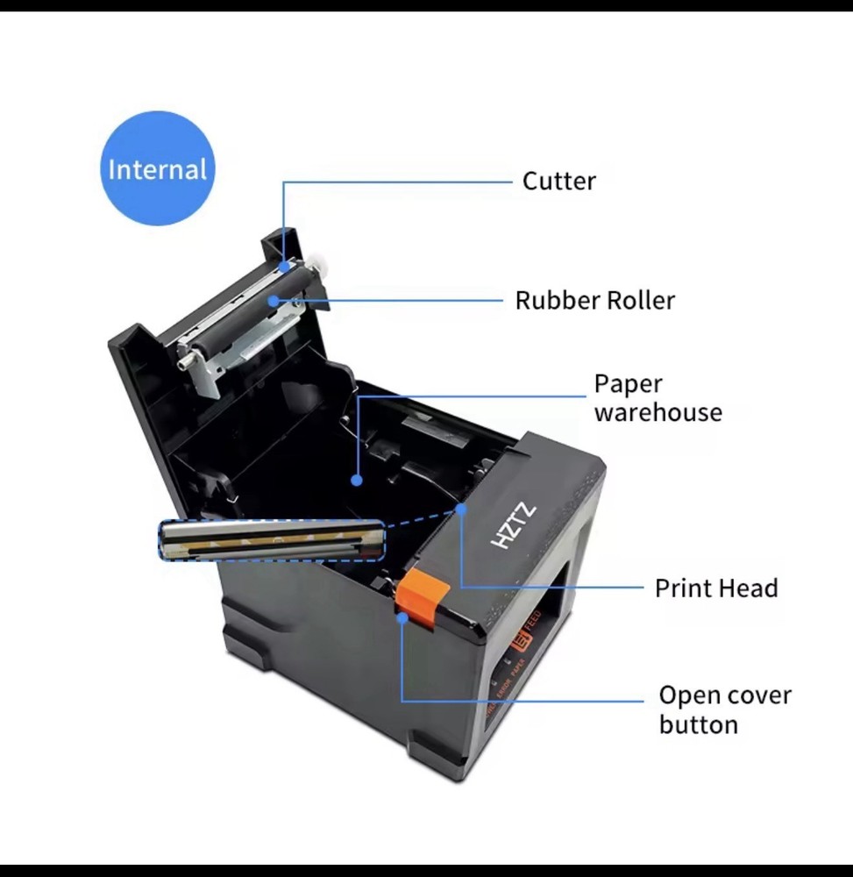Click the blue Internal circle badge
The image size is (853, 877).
click(157, 168)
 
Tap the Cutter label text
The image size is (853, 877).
click(558, 182)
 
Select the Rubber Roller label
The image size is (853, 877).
click(594, 301)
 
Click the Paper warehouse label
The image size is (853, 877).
click(658, 398)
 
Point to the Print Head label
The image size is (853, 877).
click(715, 588)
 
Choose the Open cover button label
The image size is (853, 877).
click(724, 709)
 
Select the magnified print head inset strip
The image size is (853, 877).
click(272, 539)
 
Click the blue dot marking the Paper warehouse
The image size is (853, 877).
click(356, 480)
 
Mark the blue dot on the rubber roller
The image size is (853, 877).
click(274, 300)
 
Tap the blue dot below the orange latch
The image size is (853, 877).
click(402, 617)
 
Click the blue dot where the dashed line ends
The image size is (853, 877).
click(461, 508)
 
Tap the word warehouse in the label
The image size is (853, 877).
click(658, 413)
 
